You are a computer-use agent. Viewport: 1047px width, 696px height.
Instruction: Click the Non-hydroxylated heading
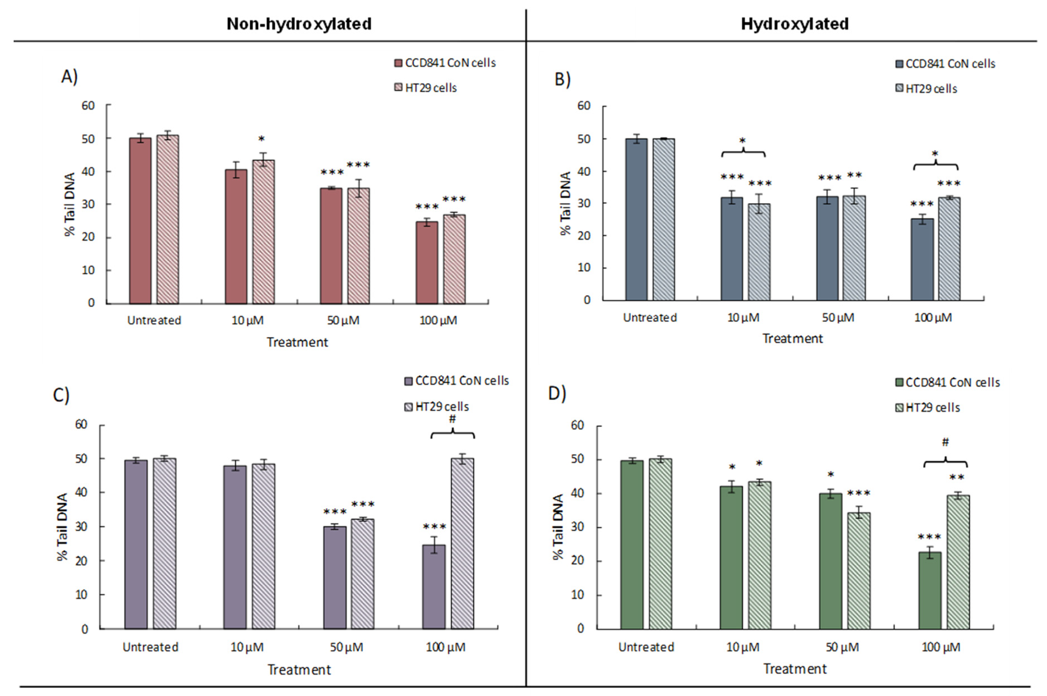(x=299, y=23)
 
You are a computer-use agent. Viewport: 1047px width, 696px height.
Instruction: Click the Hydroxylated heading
(x=795, y=23)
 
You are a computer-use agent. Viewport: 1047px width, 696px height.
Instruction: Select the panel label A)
(x=69, y=77)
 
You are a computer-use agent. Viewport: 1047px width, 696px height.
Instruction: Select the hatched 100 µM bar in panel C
(x=463, y=543)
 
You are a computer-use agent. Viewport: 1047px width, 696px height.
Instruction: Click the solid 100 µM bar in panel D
(x=929, y=590)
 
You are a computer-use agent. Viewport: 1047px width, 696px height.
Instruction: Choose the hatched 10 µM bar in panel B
(x=759, y=252)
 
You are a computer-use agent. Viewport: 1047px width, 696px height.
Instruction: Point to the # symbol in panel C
(x=452, y=419)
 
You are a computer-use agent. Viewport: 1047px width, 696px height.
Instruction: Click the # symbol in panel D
(x=945, y=442)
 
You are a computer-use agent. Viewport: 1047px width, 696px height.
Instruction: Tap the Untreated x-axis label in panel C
(x=150, y=647)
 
